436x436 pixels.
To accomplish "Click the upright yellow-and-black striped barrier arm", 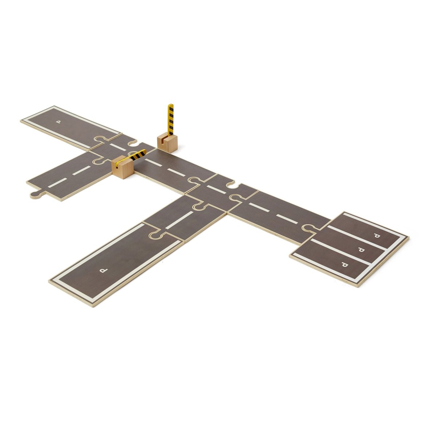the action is (x=170, y=120).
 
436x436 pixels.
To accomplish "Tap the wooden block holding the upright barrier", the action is (x=167, y=144).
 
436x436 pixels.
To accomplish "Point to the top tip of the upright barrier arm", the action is (x=171, y=104).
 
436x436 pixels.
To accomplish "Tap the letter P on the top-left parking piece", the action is (x=59, y=122).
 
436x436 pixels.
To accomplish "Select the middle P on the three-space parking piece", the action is (x=361, y=250).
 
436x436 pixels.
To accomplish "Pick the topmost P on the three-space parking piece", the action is (x=377, y=236).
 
